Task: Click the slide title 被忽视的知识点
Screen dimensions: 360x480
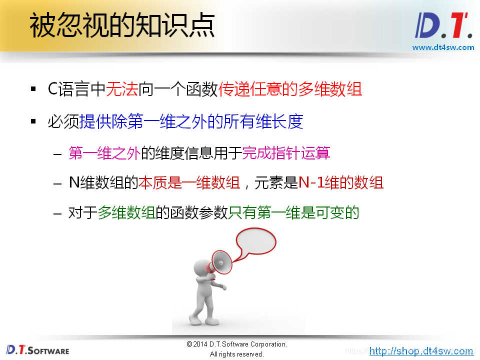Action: point(122,26)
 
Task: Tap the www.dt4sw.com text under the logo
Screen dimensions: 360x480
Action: point(442,47)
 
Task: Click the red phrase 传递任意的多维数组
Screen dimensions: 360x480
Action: point(290,89)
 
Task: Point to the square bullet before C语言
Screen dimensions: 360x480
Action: point(33,90)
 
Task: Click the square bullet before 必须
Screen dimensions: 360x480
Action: point(33,122)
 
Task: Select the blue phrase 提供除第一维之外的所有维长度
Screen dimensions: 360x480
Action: point(191,121)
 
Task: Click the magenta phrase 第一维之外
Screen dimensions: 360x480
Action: point(104,153)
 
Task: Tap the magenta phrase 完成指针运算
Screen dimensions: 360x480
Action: point(286,153)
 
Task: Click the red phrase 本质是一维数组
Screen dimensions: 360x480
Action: point(189,183)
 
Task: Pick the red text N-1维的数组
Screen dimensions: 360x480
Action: point(340,183)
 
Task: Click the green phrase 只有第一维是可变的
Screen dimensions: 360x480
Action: point(293,213)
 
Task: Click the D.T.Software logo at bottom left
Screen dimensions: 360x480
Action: point(37,349)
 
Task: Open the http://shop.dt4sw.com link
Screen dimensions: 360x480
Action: point(421,351)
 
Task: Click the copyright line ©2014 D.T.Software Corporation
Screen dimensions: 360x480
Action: point(236,344)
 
